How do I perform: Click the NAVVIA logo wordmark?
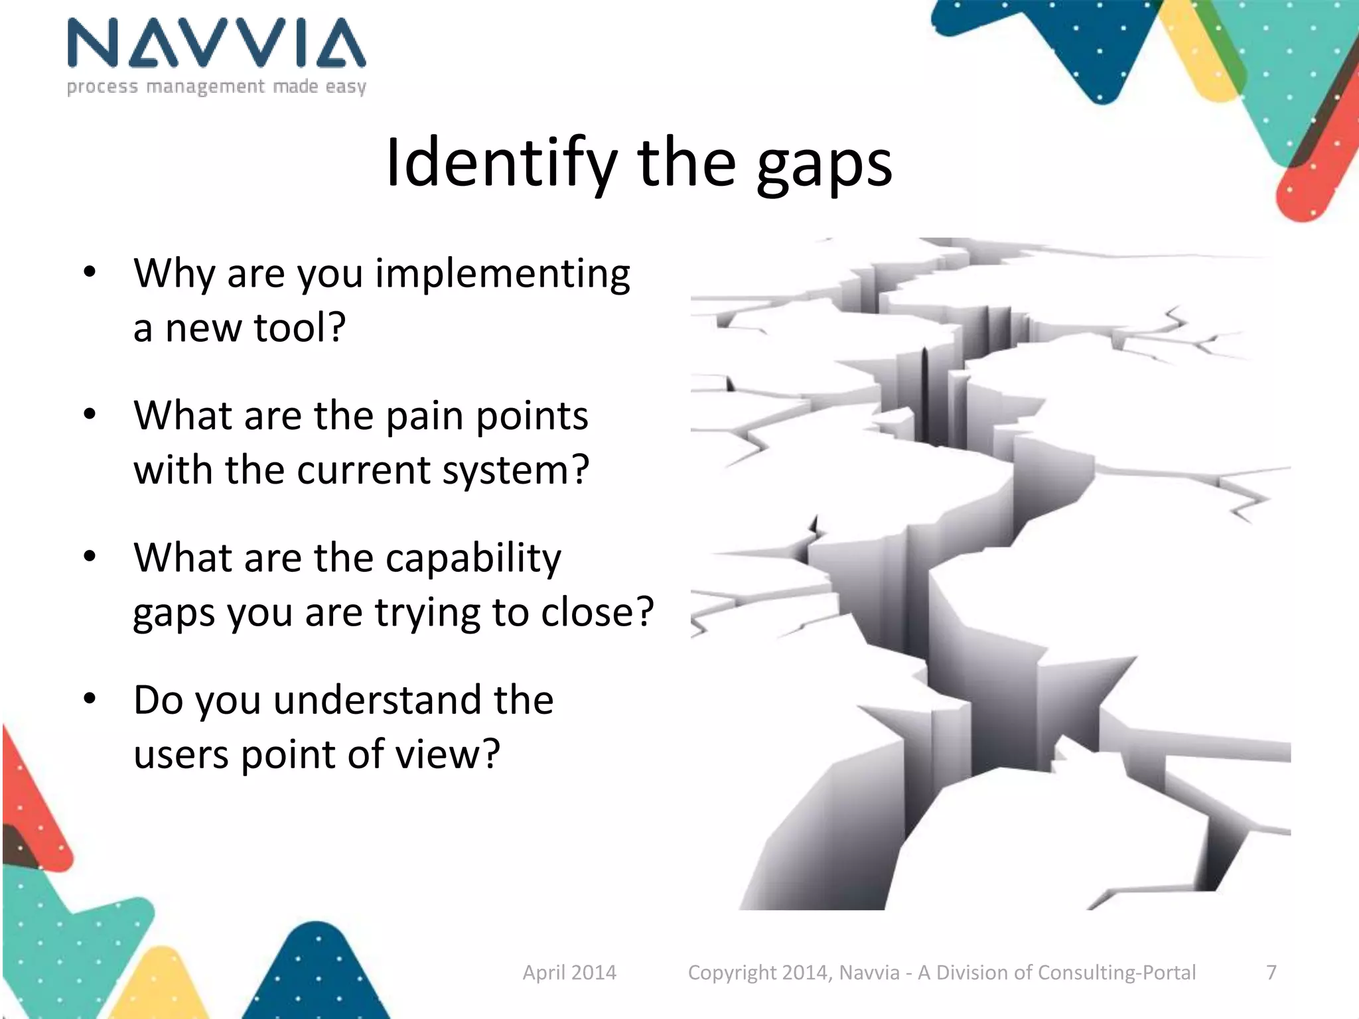216,44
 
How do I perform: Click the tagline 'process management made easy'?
216,87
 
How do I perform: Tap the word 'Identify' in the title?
502,163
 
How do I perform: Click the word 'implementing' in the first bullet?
502,274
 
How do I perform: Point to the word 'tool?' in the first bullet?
300,328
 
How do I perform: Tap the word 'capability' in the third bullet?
473,559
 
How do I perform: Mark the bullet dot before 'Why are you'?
90,273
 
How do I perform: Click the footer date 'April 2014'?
569,973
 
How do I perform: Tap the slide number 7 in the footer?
1271,973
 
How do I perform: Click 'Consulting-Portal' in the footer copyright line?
1116,973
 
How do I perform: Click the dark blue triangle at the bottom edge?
319,975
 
